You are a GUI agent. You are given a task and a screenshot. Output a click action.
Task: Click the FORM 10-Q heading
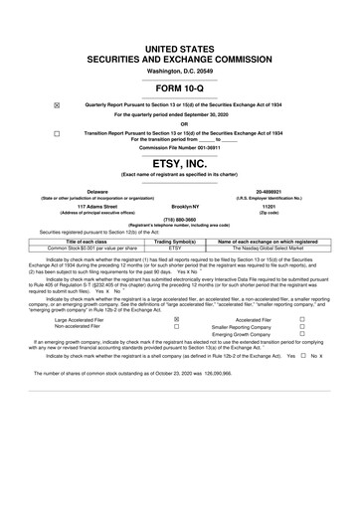pos(179,87)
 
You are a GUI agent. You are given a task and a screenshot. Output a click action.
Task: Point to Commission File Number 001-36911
pos(179,146)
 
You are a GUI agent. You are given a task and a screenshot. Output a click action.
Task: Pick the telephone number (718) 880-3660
pos(179,222)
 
